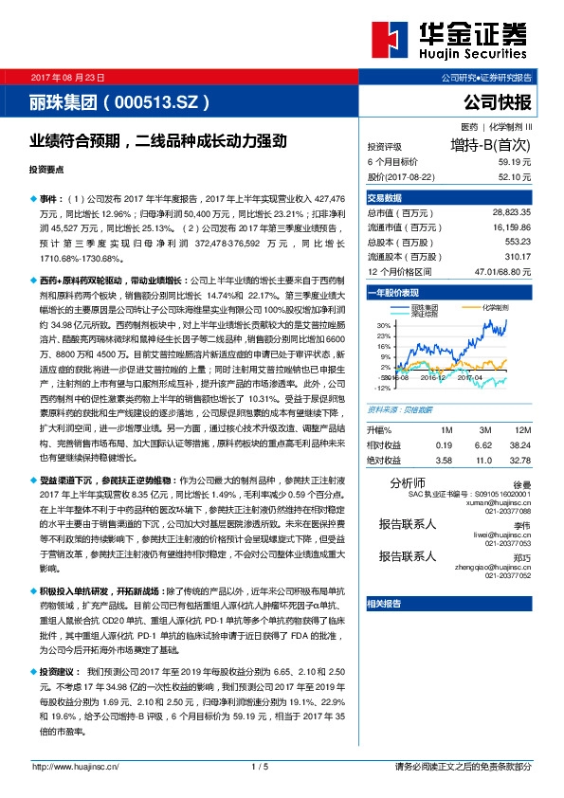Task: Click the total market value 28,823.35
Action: tap(511, 213)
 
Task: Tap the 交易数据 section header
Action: tap(385, 198)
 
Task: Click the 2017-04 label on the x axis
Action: tap(470, 376)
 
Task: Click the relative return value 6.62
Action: tap(483, 444)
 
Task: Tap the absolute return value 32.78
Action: tap(519, 459)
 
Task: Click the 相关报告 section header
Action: tap(385, 604)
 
